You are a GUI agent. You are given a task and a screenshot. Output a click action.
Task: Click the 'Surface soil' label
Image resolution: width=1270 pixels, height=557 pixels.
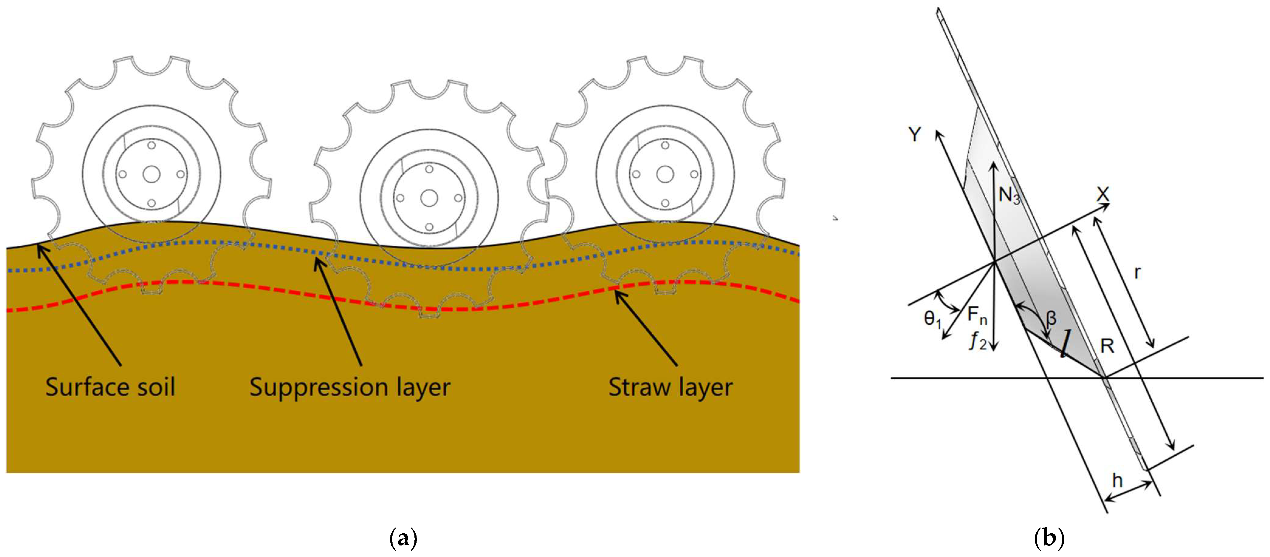110,387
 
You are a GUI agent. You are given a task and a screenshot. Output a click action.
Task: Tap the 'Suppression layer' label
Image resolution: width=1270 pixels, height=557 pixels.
349,387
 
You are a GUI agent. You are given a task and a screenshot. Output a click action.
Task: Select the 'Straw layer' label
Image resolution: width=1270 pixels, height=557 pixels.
670,387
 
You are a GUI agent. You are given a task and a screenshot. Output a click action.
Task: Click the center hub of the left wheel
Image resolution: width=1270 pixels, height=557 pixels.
151,174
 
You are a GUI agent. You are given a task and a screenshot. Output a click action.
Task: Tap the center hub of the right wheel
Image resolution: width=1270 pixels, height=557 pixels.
665,174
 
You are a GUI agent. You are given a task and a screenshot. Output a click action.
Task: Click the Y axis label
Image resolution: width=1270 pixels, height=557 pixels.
915,134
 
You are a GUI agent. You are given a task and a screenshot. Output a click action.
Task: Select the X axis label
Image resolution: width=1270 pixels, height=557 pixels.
1103,194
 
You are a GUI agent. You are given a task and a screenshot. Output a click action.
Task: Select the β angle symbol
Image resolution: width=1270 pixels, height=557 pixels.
1051,318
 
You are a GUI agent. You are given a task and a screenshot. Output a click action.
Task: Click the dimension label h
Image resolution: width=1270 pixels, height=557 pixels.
1117,480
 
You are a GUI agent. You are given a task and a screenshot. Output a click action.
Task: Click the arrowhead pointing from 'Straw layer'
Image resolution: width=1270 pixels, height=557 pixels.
616,294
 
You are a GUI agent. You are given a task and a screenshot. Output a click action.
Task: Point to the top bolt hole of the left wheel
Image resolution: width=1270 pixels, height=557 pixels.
151,145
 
